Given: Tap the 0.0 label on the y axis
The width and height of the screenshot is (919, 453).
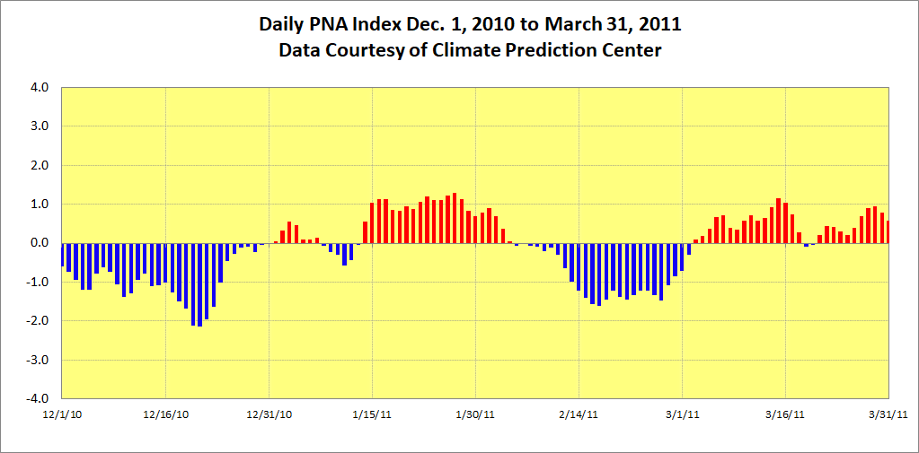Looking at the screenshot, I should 41,243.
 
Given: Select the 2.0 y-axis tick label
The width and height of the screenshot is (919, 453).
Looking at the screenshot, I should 41,166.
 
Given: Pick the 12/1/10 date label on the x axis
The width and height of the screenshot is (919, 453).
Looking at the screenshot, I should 62,414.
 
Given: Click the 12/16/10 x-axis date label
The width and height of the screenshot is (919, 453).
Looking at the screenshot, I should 165,414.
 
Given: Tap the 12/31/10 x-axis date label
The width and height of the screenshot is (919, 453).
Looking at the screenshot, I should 270,414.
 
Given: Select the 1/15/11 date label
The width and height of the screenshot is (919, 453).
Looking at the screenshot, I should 372,414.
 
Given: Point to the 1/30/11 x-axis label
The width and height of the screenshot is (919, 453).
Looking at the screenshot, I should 475,414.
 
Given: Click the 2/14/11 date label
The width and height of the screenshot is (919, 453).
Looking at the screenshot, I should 579,414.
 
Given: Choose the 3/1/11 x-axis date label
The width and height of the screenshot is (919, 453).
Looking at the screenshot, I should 682,414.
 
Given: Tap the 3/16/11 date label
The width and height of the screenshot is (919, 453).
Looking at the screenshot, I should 785,414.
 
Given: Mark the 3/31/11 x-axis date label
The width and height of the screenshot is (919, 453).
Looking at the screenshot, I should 888,414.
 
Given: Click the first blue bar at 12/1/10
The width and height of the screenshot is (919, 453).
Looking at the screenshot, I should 62,255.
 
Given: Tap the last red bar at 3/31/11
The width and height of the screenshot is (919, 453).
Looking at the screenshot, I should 888,232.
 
